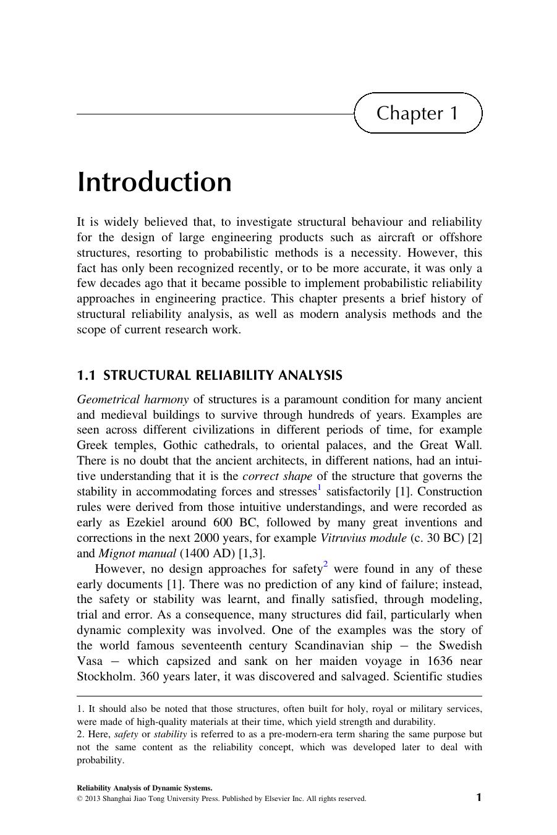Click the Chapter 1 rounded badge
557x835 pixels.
[418, 113]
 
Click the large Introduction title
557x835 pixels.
[155, 182]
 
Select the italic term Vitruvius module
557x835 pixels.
[363, 538]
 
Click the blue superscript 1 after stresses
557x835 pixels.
[319, 488]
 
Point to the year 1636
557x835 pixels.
[440, 661]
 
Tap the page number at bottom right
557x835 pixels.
[478, 797]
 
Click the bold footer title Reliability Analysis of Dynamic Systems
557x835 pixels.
[145, 788]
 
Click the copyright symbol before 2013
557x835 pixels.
[80, 799]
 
